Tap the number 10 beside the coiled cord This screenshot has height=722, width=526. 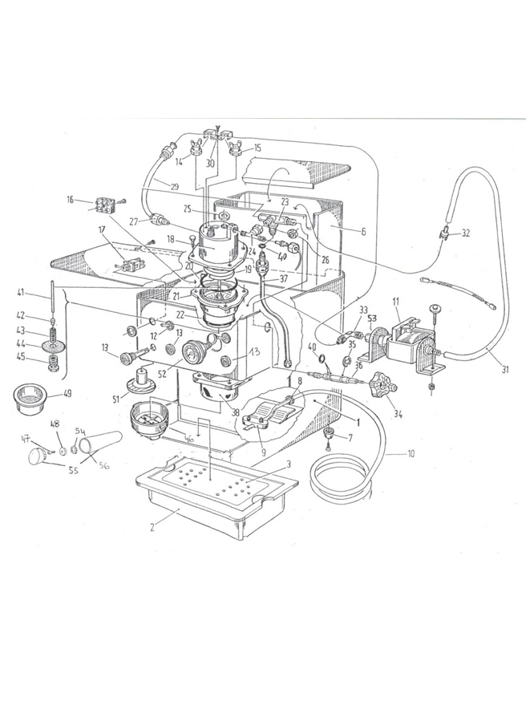[x=411, y=454]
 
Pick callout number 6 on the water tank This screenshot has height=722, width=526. [x=362, y=231]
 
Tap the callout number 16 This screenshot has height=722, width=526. [x=70, y=199]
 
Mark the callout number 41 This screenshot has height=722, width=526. [x=41, y=294]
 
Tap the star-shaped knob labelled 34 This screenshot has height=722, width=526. [x=388, y=391]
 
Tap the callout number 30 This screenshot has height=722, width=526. [x=211, y=164]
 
